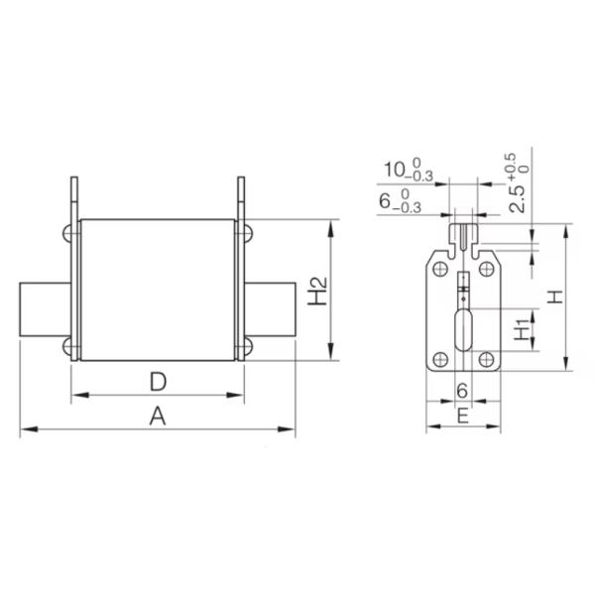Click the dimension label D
[x=157, y=381]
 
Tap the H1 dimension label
[x=522, y=329]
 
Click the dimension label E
[x=462, y=416]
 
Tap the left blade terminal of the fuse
[x=46, y=310]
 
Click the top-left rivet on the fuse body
[x=69, y=233]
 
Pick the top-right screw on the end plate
[x=486, y=267]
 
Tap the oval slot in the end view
[x=463, y=330]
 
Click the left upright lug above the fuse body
[x=73, y=198]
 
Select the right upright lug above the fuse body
[x=240, y=198]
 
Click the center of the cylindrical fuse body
[x=157, y=290]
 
